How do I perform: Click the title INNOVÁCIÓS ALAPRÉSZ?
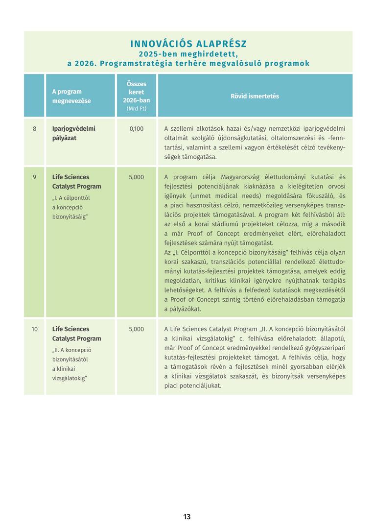188,44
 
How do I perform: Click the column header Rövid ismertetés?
255,96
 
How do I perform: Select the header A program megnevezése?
67,96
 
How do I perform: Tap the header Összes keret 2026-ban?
137,92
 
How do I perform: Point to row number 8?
35,129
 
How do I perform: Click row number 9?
35,177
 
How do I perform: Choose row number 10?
35,329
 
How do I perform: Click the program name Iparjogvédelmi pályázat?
74,133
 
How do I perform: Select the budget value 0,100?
137,129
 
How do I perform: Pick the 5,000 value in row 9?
137,177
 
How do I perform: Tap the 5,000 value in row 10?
137,329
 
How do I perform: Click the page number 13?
187,517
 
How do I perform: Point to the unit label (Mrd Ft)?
137,109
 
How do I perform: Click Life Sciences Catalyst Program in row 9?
77,182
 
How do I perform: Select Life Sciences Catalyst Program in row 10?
77,334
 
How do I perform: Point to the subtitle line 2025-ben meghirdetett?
188,54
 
